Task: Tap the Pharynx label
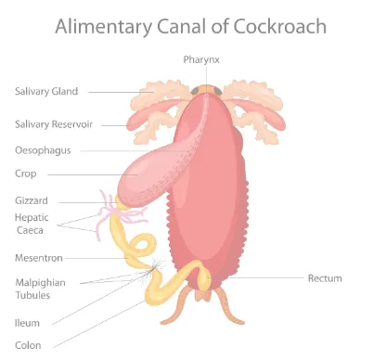pyautogui.click(x=200, y=60)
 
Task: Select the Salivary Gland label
pyautogui.click(x=46, y=91)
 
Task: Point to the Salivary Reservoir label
pyautogui.click(x=52, y=123)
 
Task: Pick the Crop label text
pyautogui.click(x=26, y=174)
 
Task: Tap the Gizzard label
pyautogui.click(x=32, y=200)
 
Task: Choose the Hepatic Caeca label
pyautogui.click(x=32, y=223)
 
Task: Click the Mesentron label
pyautogui.click(x=39, y=257)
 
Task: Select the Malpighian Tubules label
pyautogui.click(x=39, y=289)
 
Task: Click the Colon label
pyautogui.click(x=28, y=344)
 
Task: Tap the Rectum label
pyautogui.click(x=325, y=277)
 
